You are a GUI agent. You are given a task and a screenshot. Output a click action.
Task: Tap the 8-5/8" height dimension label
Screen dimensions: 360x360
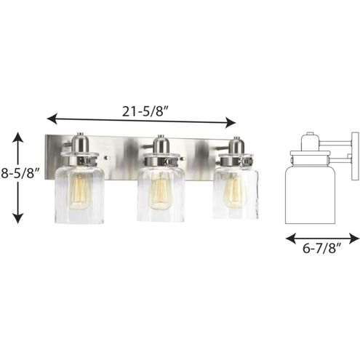coord(20,173)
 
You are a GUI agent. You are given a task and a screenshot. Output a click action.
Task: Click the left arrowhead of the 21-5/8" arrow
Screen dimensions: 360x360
coord(52,119)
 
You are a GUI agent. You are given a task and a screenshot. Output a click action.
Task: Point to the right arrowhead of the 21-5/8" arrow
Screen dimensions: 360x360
coord(231,122)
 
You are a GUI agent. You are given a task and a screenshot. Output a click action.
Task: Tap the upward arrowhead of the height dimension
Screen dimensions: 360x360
coord(17,137)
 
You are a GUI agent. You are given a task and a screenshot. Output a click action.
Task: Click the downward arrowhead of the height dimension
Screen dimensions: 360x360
coord(17,218)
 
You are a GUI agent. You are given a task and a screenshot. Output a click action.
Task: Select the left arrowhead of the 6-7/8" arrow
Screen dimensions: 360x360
coord(291,238)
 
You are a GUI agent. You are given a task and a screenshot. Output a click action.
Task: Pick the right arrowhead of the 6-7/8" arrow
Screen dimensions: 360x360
coord(354,239)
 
